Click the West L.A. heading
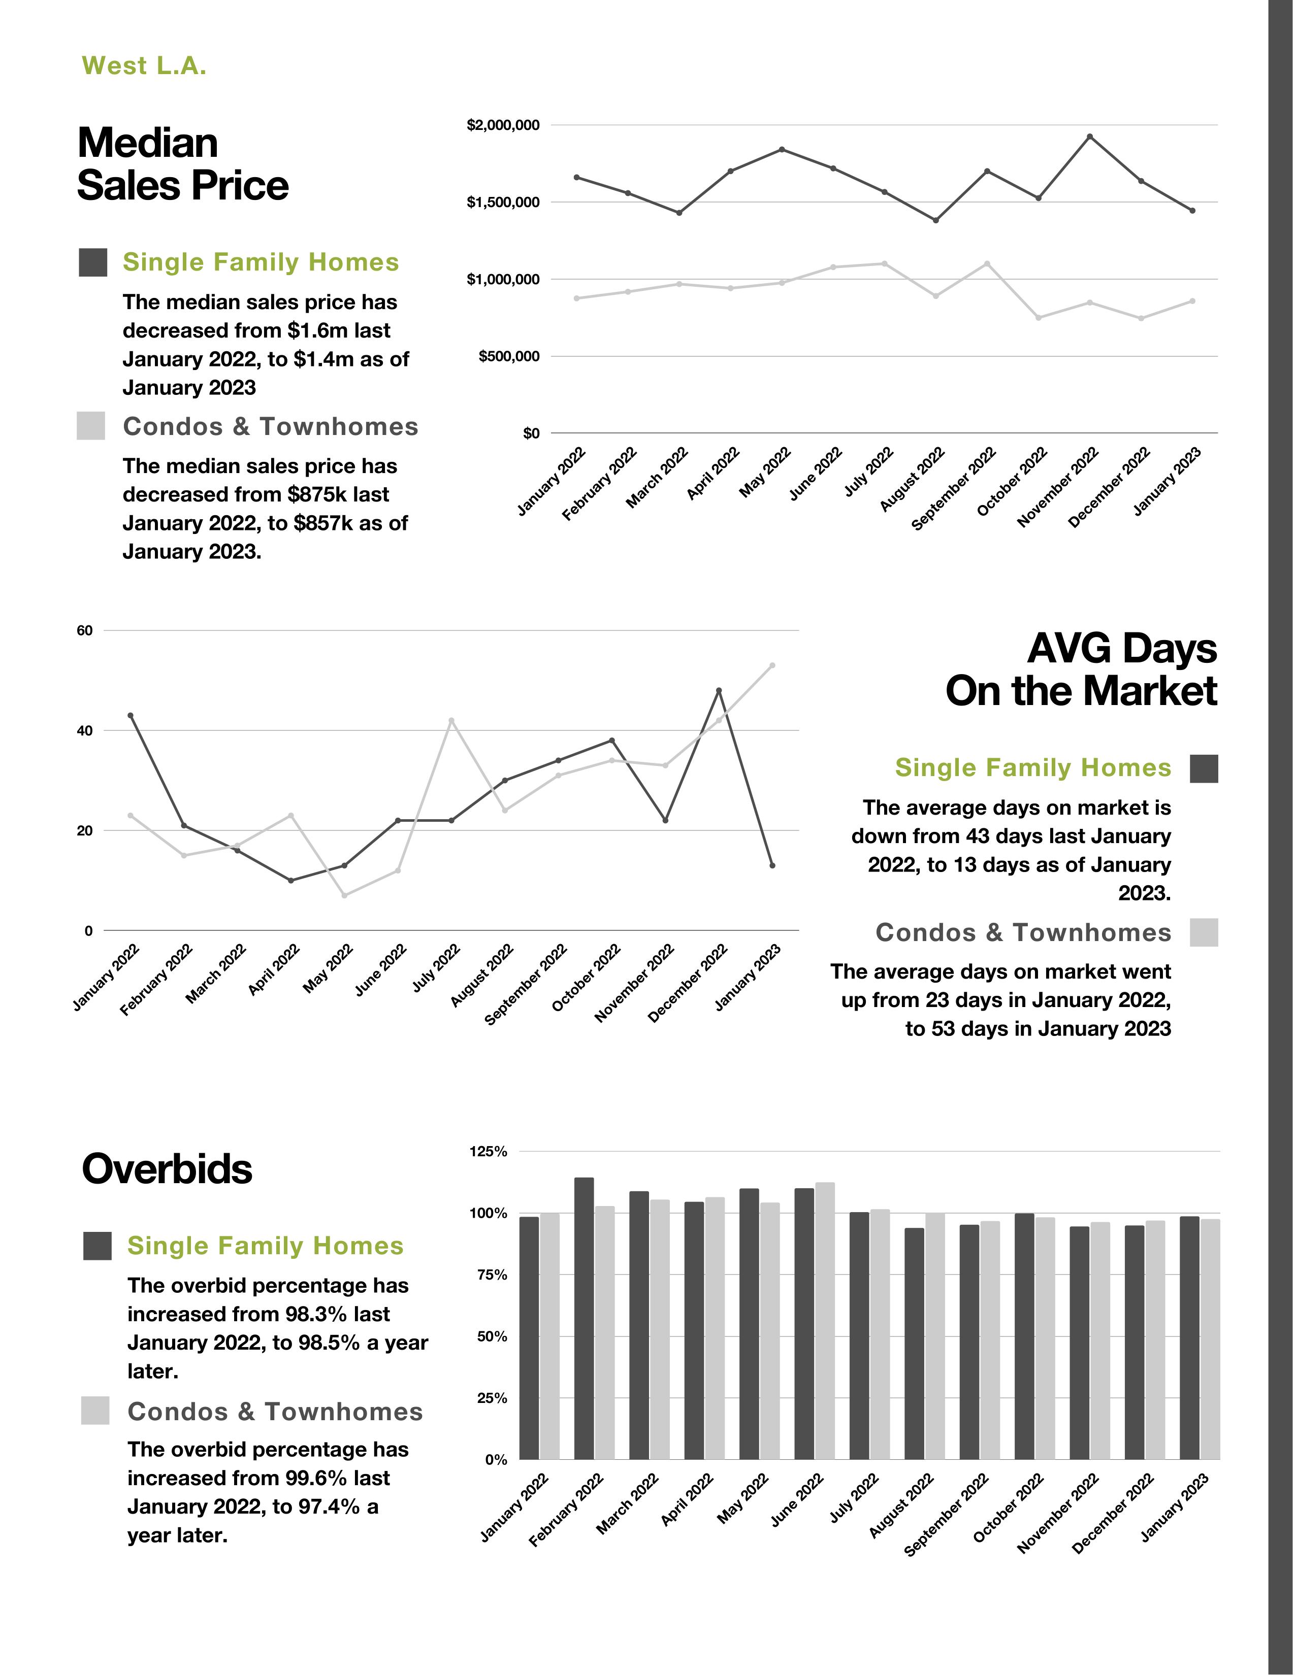(x=144, y=66)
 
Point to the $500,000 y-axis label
(x=509, y=357)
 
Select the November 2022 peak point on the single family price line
(x=1089, y=137)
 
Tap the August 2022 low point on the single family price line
(x=935, y=220)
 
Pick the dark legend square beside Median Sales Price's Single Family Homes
(x=93, y=262)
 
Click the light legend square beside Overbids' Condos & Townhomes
(x=95, y=1411)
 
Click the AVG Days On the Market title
(x=1081, y=669)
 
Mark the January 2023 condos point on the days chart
(x=772, y=665)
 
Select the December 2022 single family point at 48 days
(x=719, y=690)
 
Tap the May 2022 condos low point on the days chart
(x=344, y=895)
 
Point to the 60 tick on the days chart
(x=84, y=630)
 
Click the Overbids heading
(x=167, y=1169)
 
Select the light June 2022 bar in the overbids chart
(x=825, y=1321)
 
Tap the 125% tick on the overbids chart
(x=488, y=1151)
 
